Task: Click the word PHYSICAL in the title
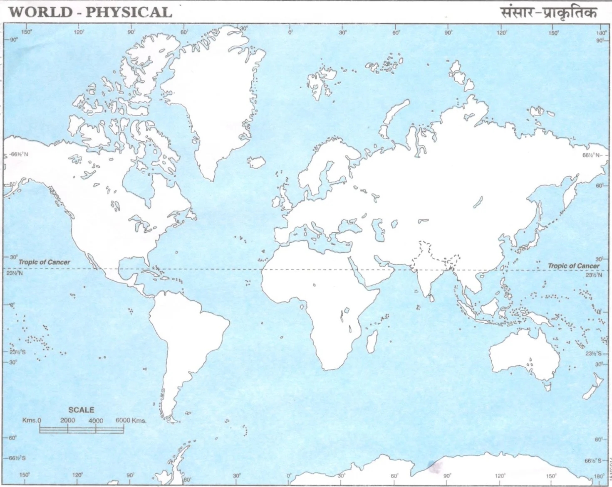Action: (x=129, y=12)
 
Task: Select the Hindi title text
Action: (x=548, y=12)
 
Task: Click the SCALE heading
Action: (x=81, y=410)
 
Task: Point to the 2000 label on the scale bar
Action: (x=67, y=420)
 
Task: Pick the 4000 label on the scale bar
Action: (x=95, y=421)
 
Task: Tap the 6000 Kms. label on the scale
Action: (x=131, y=420)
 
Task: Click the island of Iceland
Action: (x=257, y=162)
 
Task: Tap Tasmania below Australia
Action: (x=549, y=388)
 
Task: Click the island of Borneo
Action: (x=489, y=307)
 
